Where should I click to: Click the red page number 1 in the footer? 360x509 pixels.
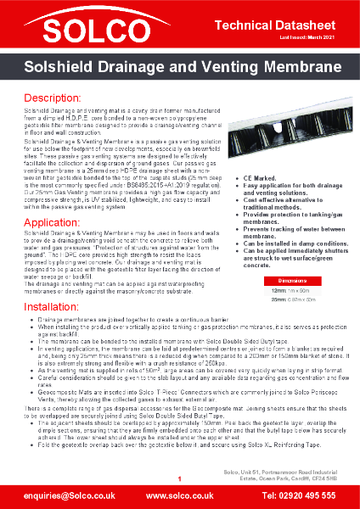coord(180,479)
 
